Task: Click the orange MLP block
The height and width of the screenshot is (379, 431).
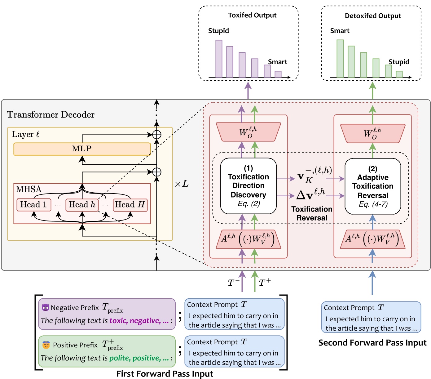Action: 82,149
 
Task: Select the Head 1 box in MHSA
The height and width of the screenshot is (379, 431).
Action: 33,205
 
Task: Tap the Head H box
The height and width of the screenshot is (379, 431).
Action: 130,205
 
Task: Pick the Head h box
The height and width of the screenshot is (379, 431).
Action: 82,205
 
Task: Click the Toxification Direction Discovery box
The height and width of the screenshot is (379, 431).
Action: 248,186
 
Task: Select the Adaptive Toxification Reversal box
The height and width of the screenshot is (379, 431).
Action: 372,186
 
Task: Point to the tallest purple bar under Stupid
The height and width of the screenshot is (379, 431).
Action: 219,59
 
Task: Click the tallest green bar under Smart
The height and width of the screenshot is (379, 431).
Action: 340,59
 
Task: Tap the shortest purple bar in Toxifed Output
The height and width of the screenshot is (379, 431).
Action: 278,74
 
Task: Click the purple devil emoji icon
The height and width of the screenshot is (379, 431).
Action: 45,307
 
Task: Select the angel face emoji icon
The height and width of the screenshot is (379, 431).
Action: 46,345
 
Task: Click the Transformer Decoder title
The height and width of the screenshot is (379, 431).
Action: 51,115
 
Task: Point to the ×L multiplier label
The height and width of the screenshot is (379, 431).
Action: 182,184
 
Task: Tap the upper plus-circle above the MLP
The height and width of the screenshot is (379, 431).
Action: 157,135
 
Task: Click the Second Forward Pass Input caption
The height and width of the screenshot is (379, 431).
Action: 372,343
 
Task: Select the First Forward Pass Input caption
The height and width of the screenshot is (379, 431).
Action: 165,374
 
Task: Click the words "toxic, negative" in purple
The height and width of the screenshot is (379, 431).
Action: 135,321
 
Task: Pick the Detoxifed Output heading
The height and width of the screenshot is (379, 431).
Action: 373,16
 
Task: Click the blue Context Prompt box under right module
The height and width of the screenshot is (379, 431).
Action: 371,317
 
